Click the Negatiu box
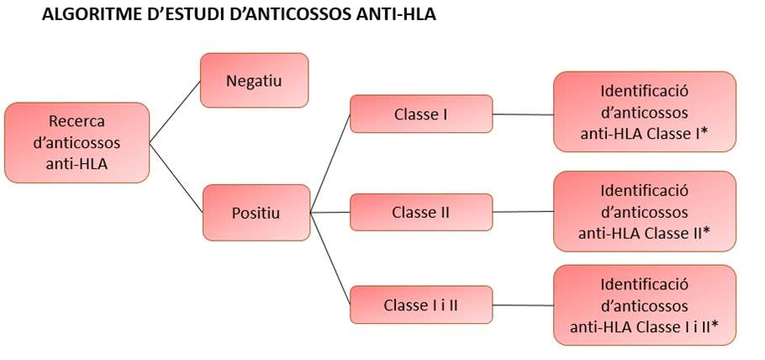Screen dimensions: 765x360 (254, 80)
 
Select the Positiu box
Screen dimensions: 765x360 (256, 213)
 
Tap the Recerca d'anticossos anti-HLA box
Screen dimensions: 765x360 (76, 143)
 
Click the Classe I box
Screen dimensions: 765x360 (421, 114)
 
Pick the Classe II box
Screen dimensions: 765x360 (421, 212)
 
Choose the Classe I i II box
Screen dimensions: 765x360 (421, 304)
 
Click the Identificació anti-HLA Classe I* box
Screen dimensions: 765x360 (645, 111)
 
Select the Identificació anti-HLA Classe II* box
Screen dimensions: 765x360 (645, 211)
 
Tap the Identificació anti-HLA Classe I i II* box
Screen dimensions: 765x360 (645, 304)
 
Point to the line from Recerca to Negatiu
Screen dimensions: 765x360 (175, 112)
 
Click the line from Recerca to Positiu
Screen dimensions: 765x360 (177, 177)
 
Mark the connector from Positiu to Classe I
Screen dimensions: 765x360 (330, 164)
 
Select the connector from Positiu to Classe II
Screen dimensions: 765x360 (330, 213)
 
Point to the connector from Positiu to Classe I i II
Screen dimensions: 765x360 (330, 258)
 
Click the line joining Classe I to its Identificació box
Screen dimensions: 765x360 (523, 114)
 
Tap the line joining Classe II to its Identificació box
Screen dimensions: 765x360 (523, 212)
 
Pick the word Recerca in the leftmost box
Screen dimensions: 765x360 (76, 121)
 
